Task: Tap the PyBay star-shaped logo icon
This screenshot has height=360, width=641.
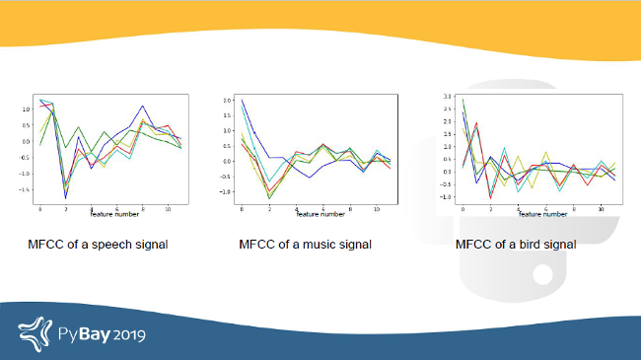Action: (x=36, y=333)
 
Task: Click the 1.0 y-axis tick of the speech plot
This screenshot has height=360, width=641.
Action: (x=27, y=109)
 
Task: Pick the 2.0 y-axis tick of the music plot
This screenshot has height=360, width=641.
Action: (x=227, y=101)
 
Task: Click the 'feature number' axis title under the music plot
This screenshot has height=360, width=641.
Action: (x=320, y=214)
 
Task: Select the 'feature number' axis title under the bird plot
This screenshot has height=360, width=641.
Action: (x=543, y=214)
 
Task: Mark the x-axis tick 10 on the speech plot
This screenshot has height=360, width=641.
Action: (x=169, y=209)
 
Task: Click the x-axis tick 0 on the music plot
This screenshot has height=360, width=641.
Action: (x=242, y=209)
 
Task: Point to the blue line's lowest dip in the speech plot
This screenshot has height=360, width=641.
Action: (x=66, y=198)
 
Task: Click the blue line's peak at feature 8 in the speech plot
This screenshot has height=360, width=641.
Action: (x=143, y=106)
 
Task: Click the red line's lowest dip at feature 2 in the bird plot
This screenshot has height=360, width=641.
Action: (x=491, y=197)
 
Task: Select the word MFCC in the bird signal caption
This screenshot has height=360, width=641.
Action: (x=475, y=244)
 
